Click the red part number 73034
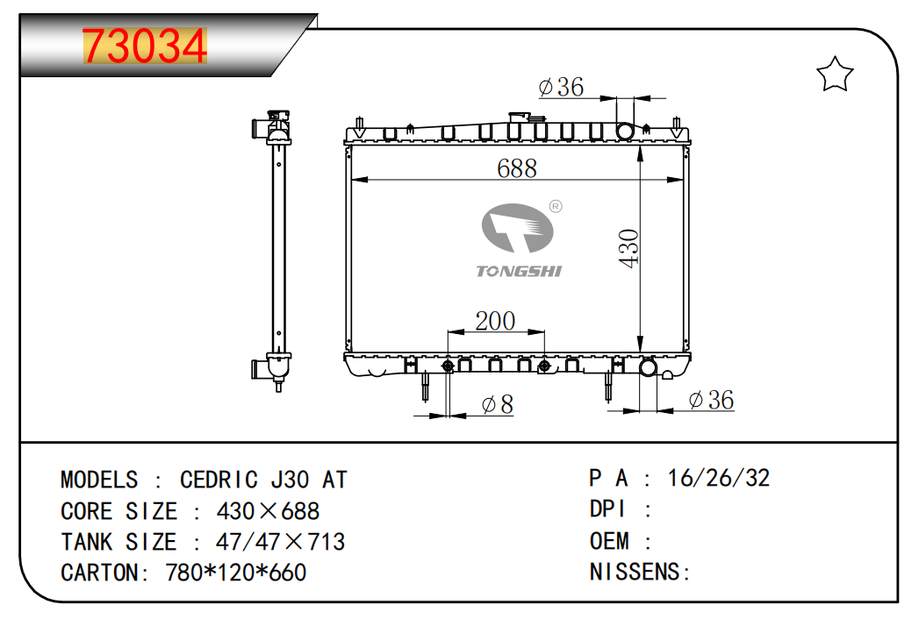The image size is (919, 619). [145, 46]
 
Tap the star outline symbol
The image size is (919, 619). [835, 75]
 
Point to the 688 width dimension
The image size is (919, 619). [517, 168]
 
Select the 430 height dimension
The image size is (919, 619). [628, 248]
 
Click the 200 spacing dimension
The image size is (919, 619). [495, 321]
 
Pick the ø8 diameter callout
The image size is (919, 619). [497, 404]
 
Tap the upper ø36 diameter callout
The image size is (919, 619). [561, 88]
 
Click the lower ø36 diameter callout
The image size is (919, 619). [711, 400]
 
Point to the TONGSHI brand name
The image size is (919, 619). [519, 271]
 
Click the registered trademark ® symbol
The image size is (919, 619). [556, 206]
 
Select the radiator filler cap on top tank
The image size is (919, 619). [519, 117]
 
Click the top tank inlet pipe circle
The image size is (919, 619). [625, 131]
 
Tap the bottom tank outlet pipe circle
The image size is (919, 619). [649, 367]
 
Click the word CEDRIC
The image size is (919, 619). [219, 480]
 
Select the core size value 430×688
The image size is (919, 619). [268, 511]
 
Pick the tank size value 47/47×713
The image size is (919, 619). [280, 543]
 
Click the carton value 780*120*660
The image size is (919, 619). [235, 573]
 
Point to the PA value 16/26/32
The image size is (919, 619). [719, 478]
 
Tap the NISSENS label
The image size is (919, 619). [635, 572]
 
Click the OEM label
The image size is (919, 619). [609, 541]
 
